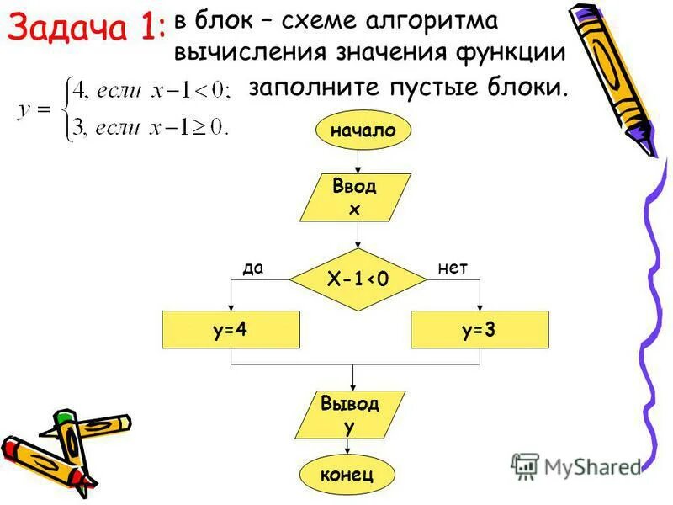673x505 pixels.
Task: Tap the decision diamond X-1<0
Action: pos(358,279)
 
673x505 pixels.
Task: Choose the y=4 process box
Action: pos(230,330)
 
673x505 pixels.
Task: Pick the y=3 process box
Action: pos(479,330)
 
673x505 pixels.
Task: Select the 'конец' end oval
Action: pos(346,475)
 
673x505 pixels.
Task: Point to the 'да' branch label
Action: pos(253,268)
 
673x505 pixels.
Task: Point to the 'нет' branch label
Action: pos(453,268)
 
